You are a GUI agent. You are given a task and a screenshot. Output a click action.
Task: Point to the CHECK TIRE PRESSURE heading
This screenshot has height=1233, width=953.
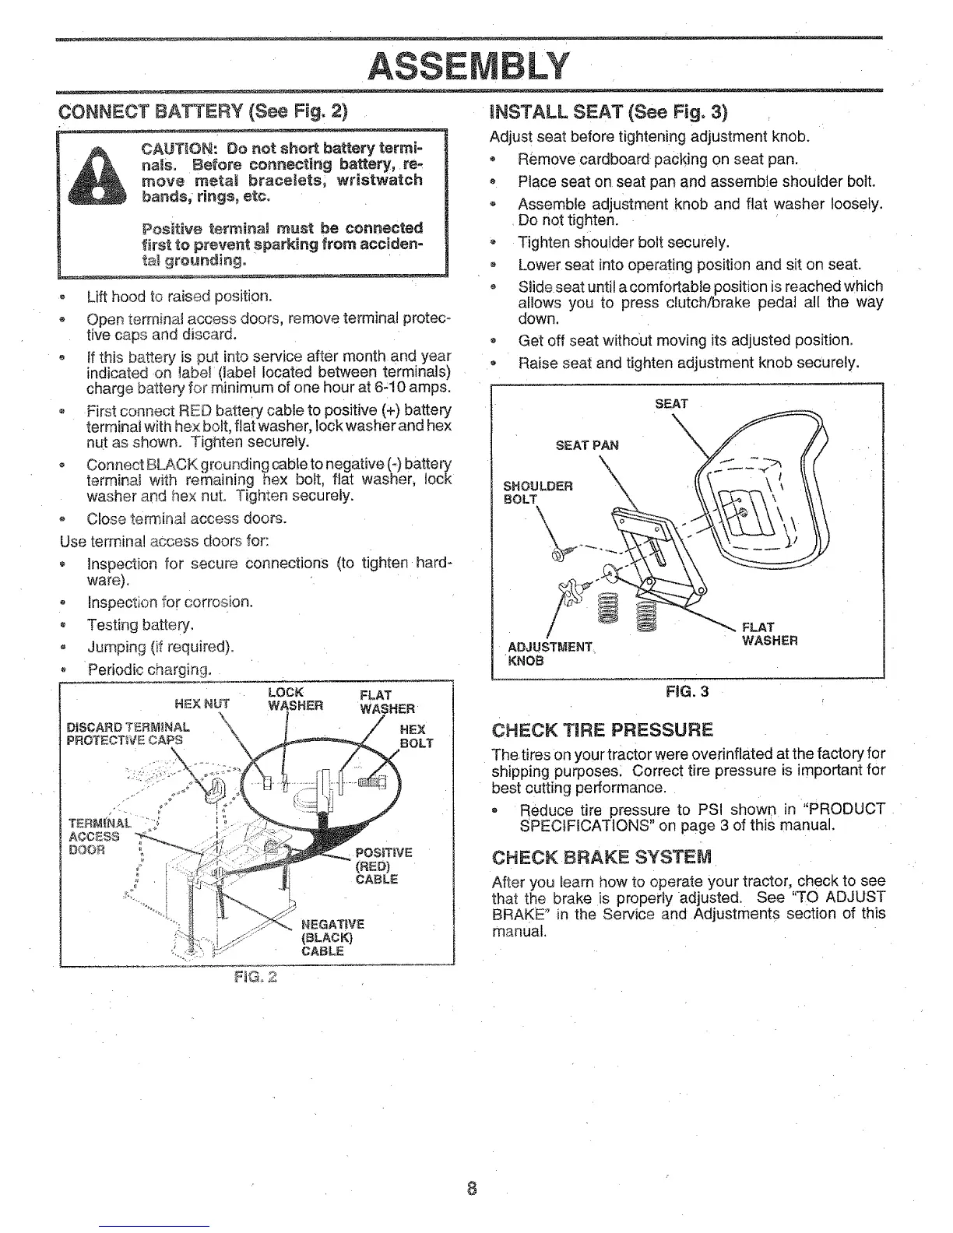pyautogui.click(x=602, y=730)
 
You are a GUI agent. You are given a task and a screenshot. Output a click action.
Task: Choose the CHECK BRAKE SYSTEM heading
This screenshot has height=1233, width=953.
pyautogui.click(x=602, y=858)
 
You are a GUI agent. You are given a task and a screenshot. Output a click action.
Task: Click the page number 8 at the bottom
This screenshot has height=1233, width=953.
pyautogui.click(x=471, y=1189)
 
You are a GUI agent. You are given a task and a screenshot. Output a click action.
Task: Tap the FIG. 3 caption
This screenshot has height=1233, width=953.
pyautogui.click(x=687, y=691)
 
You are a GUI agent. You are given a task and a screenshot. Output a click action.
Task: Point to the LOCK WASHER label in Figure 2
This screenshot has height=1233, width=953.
pyautogui.click(x=294, y=700)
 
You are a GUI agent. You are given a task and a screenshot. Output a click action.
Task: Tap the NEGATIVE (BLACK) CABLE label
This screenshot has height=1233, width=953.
pyautogui.click(x=332, y=937)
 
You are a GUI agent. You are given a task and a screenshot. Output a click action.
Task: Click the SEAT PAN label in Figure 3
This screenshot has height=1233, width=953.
pyautogui.click(x=587, y=445)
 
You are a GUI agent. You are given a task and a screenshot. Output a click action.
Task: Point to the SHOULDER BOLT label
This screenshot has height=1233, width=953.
pyautogui.click(x=538, y=493)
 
